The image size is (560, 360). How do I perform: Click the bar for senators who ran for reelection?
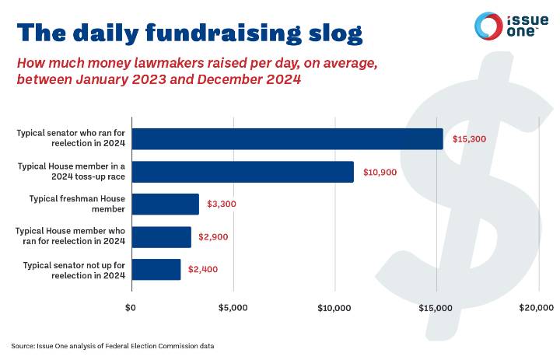tap(286, 139)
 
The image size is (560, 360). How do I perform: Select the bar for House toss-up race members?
tap(242, 172)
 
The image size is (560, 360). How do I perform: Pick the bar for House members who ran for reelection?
tap(160, 236)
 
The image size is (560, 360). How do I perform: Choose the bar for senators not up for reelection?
tap(156, 269)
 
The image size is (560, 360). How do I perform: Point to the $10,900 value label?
tap(380, 172)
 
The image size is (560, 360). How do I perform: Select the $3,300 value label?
tap(221, 204)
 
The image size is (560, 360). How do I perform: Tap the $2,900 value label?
tap(213, 236)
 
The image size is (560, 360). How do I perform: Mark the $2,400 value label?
tap(203, 269)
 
